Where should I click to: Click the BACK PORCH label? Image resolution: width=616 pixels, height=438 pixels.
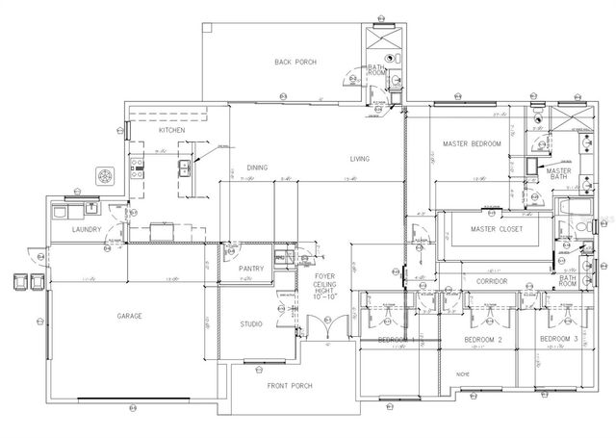pyautogui.click(x=295, y=63)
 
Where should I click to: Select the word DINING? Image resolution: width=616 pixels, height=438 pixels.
pyautogui.click(x=257, y=166)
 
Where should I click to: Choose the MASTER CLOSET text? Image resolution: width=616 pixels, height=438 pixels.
pyautogui.click(x=496, y=229)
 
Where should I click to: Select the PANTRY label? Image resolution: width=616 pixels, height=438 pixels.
pyautogui.click(x=251, y=269)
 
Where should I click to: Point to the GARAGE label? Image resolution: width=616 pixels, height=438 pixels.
pyautogui.click(x=131, y=316)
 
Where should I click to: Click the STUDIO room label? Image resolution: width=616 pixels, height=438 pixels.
pyautogui.click(x=251, y=324)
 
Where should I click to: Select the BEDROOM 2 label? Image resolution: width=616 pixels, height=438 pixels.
pyautogui.click(x=480, y=341)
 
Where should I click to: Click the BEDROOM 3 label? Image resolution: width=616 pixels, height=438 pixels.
pyautogui.click(x=558, y=341)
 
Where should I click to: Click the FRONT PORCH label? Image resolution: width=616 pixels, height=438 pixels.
pyautogui.click(x=292, y=384)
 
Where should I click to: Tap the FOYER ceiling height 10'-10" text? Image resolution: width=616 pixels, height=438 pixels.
pyautogui.click(x=324, y=287)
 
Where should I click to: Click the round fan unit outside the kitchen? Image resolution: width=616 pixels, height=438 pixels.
pyautogui.click(x=102, y=176)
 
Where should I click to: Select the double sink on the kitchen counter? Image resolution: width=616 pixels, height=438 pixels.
pyautogui.click(x=183, y=169)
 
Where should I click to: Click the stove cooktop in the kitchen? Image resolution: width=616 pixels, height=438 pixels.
pyautogui.click(x=137, y=171)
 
